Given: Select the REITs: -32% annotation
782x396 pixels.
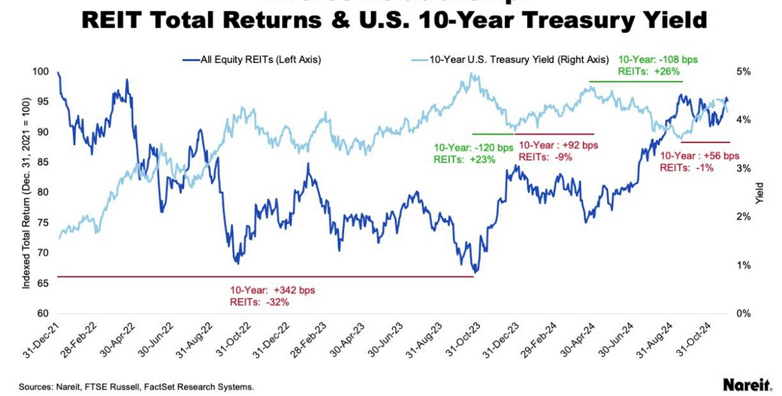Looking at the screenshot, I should [259, 301].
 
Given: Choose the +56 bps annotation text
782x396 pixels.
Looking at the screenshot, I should [699, 156].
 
